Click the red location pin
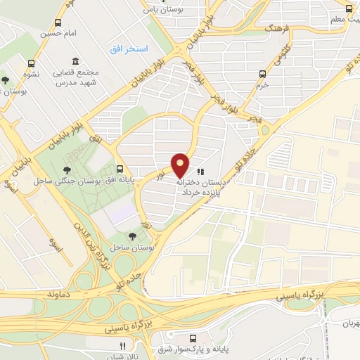pos(181,165)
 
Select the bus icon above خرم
pos(262,73)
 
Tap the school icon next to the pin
pos(200,171)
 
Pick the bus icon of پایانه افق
pos(120,169)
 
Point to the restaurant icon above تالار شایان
pos(122,345)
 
